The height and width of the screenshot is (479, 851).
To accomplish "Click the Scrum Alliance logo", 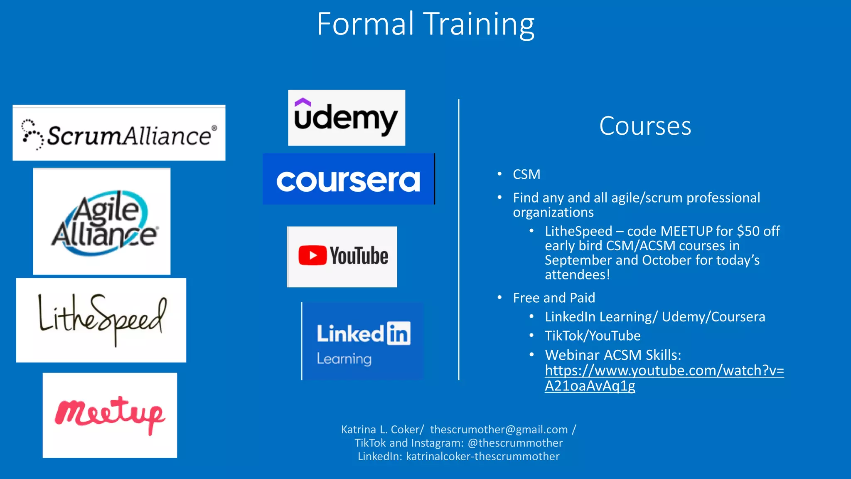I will click(x=119, y=133).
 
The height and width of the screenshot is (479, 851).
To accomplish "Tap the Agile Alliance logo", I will click(x=102, y=222).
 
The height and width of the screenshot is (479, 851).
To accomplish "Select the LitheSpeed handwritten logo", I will click(x=101, y=320).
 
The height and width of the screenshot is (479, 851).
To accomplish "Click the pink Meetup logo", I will click(x=110, y=415).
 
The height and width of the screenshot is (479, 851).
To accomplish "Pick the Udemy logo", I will click(x=346, y=118).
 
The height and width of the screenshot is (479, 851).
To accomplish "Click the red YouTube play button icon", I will click(x=312, y=255).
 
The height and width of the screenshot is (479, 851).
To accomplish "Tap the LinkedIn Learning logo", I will click(x=363, y=341).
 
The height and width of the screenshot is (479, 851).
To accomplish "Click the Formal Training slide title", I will click(x=425, y=24).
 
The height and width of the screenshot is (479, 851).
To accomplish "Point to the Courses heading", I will click(x=645, y=126).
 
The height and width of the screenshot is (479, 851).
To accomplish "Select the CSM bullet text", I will click(x=526, y=174).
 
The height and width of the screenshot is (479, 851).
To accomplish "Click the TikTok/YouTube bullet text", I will click(x=593, y=336).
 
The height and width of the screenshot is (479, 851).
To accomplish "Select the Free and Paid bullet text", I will click(x=554, y=298).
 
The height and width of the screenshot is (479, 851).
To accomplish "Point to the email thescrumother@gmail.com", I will click(x=499, y=430).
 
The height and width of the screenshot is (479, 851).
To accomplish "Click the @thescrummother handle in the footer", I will click(x=515, y=443).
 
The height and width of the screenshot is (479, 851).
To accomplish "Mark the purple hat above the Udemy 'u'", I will click(x=303, y=101).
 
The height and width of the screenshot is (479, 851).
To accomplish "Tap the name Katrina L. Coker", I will click(x=381, y=430).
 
